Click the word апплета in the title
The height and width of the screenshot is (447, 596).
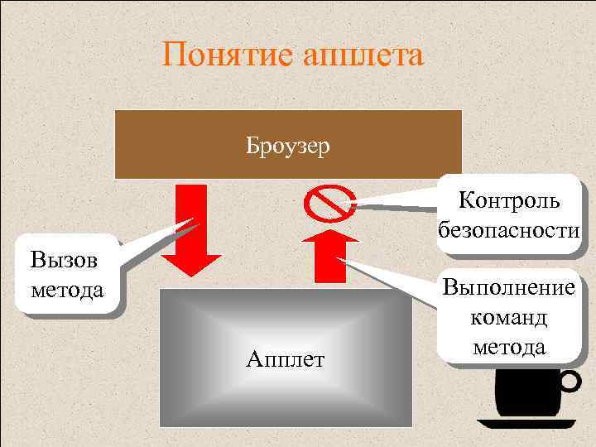[364, 55]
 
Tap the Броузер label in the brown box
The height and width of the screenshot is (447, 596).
[287, 147]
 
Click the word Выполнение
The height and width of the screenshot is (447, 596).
[509, 288]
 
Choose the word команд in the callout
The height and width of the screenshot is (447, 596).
[508, 317]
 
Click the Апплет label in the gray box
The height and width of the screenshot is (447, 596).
[286, 359]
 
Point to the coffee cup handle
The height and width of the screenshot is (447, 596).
[570, 381]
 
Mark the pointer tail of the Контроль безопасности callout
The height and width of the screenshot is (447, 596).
[352, 201]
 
